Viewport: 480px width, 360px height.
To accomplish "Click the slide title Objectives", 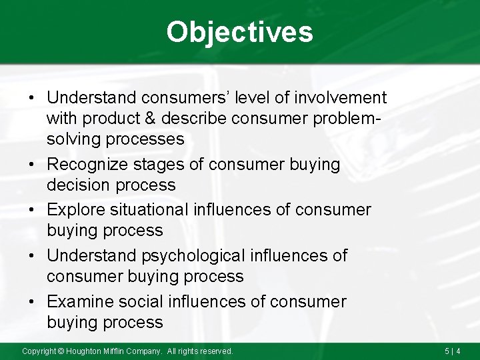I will [239, 31].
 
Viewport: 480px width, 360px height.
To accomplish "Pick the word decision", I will [79, 185].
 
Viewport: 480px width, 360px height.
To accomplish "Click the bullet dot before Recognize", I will [32, 165].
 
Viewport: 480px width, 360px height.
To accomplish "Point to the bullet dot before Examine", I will [32, 302].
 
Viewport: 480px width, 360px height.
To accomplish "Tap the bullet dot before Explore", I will [32, 211].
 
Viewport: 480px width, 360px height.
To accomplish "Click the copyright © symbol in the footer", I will [61, 351].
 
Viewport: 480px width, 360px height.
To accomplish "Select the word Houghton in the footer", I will [84, 351].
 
